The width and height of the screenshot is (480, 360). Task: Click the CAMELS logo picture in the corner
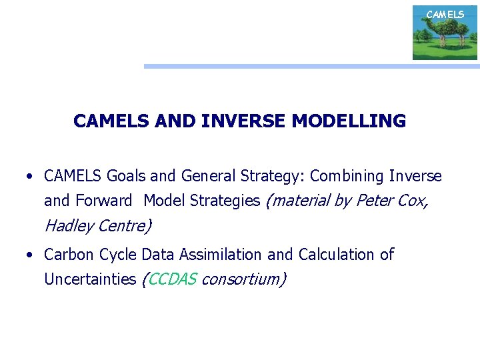tap(445, 33)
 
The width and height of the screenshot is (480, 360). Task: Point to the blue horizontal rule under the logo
tap(311, 66)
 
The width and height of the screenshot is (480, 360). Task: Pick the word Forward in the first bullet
tap(104, 201)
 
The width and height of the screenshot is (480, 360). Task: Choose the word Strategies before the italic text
tap(229, 201)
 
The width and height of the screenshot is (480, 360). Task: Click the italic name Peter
tap(375, 201)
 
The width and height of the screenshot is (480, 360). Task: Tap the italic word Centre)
tap(125, 226)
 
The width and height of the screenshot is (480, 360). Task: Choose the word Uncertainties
tap(90, 279)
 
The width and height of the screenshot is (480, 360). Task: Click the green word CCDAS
tap(172, 279)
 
